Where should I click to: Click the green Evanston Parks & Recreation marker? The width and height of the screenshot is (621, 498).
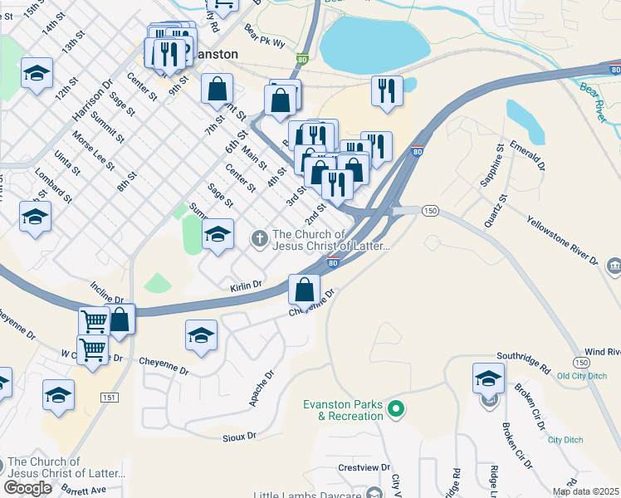coord(396,408)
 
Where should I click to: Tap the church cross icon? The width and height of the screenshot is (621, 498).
coord(259,240)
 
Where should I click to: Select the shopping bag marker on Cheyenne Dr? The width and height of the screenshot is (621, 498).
coord(305,290)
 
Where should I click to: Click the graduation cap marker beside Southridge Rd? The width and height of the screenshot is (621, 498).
coord(488,378)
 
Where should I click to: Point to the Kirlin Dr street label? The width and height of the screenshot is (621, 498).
coord(246,285)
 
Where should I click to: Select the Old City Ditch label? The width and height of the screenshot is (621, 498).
coord(584,376)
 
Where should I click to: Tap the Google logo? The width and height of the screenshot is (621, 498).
coord(28,488)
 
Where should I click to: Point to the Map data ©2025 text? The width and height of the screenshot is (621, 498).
coord(585,491)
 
